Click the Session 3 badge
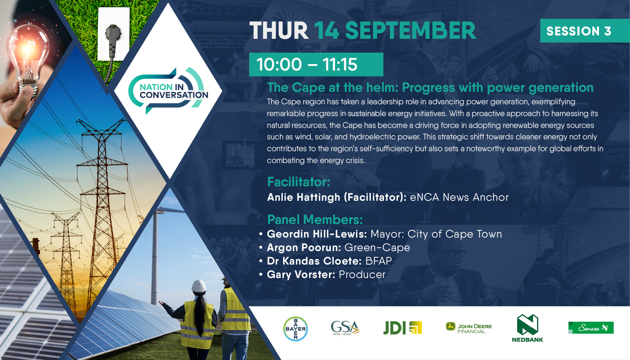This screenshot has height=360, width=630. [x=585, y=31]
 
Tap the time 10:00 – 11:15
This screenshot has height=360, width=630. [x=307, y=64]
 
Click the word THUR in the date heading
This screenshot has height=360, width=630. [x=279, y=31]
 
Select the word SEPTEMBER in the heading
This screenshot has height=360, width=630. [x=410, y=31]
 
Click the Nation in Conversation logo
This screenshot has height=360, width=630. [x=168, y=91]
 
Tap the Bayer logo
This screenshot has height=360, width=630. [x=295, y=329]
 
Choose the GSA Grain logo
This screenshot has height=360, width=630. [x=345, y=328]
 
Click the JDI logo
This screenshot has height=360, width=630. [x=402, y=328]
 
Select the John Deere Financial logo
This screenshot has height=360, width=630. [x=469, y=328]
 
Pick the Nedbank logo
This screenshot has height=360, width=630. [x=527, y=328]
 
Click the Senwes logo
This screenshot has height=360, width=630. [x=591, y=328]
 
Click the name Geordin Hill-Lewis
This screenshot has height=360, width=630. [x=317, y=234]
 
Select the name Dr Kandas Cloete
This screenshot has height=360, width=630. [x=314, y=261]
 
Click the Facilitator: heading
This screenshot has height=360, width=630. [x=299, y=182]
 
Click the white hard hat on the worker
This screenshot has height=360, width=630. [x=199, y=285]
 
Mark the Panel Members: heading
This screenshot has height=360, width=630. [x=315, y=220]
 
